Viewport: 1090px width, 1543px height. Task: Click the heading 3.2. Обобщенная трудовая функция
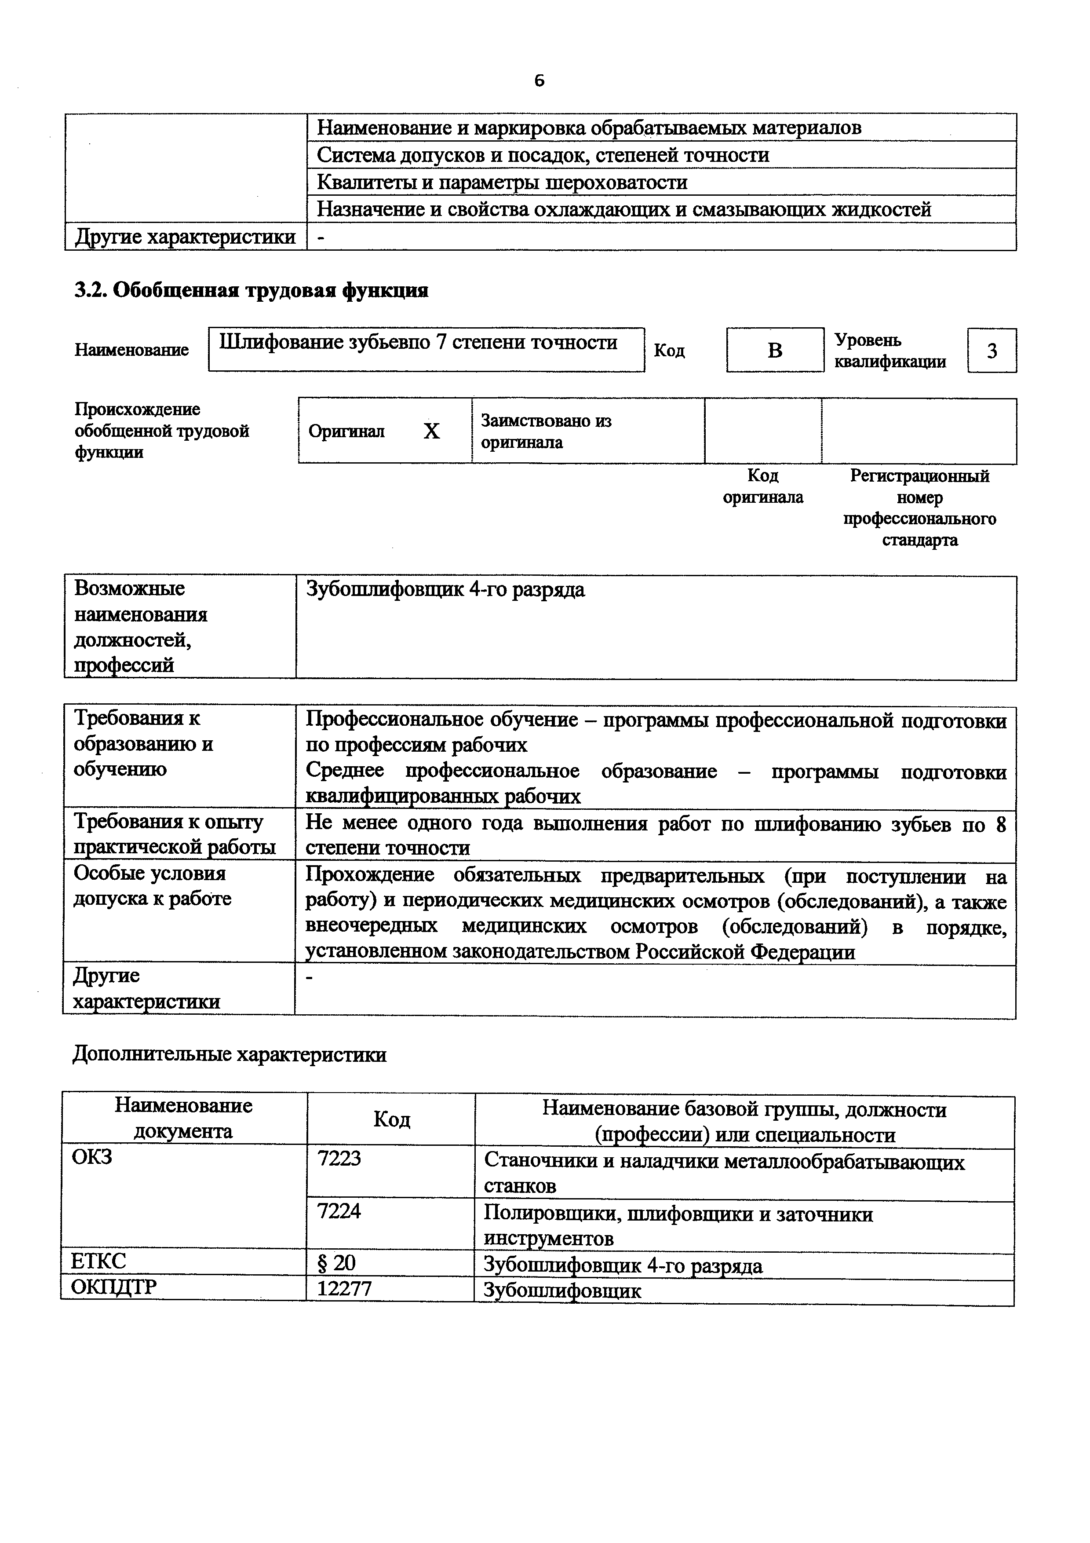coord(251,290)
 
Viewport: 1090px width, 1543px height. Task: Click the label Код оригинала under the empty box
coord(762,486)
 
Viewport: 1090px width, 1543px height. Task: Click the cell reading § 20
coord(336,1263)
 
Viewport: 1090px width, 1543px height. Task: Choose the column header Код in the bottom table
coord(391,1119)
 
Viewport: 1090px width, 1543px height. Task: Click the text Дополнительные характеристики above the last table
coord(229,1054)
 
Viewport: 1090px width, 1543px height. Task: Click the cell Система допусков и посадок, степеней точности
coord(543,155)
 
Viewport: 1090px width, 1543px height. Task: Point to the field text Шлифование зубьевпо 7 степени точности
coord(419,343)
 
